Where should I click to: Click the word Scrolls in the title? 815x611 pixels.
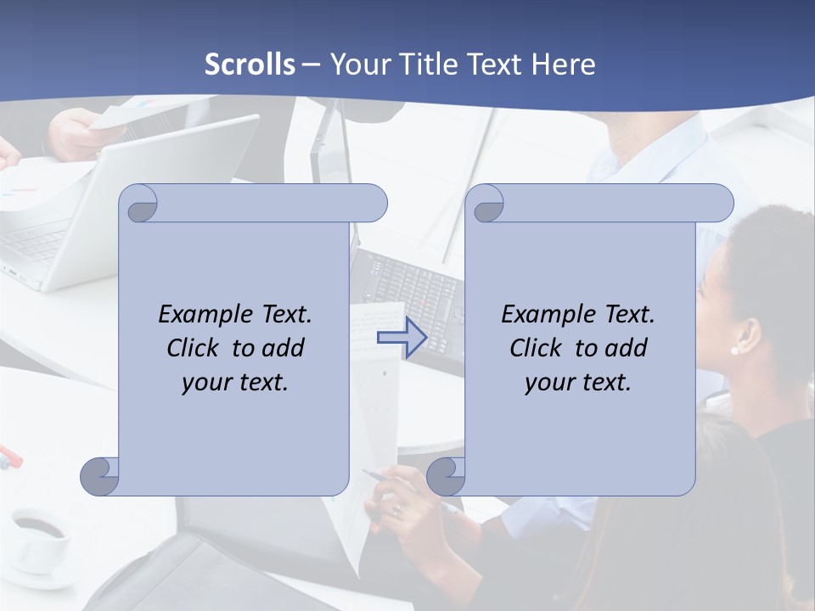250,64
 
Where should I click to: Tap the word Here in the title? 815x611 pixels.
564,64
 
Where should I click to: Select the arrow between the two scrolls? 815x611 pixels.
402,338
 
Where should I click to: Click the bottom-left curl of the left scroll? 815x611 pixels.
100,476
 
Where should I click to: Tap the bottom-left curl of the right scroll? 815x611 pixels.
446,476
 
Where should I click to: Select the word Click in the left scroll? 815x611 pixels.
186,348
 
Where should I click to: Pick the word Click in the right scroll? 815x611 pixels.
529,348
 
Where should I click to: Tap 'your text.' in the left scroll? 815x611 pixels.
235,383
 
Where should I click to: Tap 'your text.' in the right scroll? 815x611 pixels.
578,383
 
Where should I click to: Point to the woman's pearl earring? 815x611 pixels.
734,350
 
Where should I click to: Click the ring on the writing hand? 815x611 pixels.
396,509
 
